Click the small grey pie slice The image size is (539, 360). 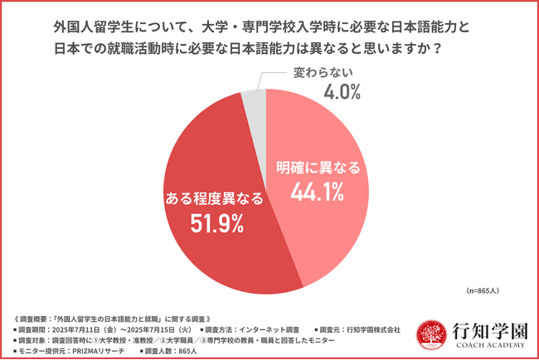pos(254,102)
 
